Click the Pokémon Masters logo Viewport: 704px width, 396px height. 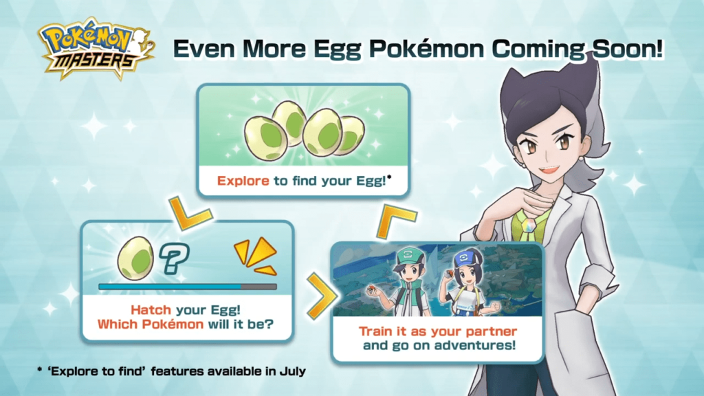point(96,49)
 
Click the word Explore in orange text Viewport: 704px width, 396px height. point(243,181)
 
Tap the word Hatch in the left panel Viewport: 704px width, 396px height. point(151,310)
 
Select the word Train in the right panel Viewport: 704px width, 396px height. point(375,331)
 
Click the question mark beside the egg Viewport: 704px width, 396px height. point(174,258)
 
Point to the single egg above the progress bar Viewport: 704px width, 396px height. point(135,258)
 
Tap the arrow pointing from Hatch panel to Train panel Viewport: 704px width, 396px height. point(322,296)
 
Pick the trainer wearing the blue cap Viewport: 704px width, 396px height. point(467,283)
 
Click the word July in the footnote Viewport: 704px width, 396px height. point(293,372)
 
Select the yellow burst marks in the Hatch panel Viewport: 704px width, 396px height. point(256,256)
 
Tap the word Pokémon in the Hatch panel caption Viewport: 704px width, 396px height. point(173,324)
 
